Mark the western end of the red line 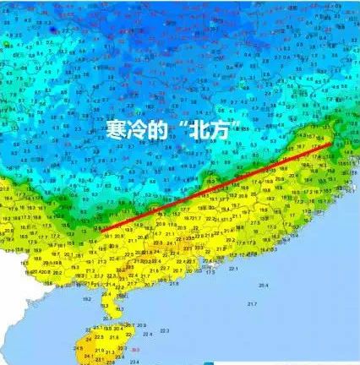point(95,230)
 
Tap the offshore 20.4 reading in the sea point(264,286)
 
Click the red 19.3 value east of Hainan point(135,346)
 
